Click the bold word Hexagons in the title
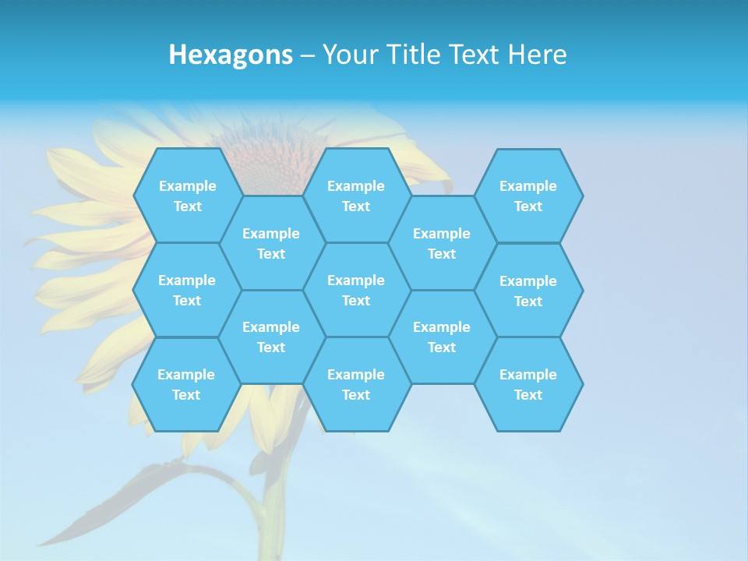click(231, 55)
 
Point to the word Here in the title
click(537, 55)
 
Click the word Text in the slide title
click(475, 55)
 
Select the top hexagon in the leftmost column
click(187, 196)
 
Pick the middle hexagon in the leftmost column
click(187, 290)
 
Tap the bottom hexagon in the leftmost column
click(186, 384)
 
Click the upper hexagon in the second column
click(271, 243)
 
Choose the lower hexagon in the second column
click(271, 337)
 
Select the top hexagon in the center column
click(356, 196)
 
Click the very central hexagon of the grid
click(356, 290)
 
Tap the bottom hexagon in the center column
click(356, 384)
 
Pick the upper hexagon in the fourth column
click(442, 243)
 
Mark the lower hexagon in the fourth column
click(442, 337)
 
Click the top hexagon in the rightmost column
click(528, 196)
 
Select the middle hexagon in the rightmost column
click(528, 291)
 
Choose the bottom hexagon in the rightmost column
click(528, 384)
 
